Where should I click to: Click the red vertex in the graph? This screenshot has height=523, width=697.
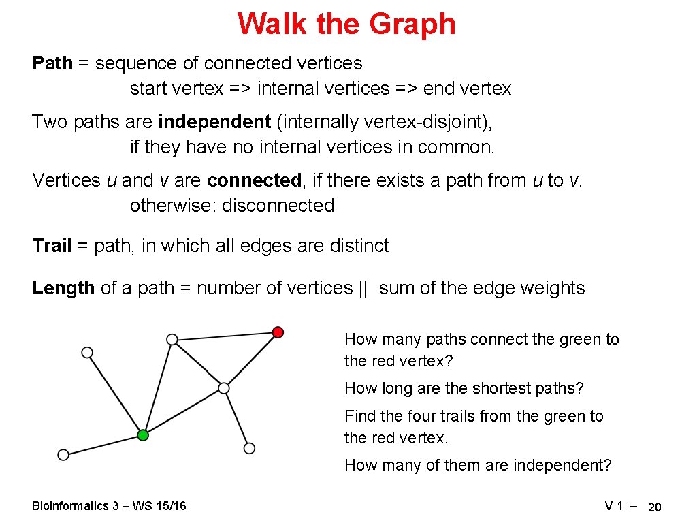(278, 332)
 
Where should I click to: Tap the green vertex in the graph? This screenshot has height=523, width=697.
(142, 435)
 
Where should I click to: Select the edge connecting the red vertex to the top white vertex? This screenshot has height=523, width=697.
(225, 336)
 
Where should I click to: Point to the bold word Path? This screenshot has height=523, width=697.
(52, 63)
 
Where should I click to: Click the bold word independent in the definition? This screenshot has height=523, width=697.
(214, 122)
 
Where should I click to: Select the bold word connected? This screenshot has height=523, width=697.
(254, 180)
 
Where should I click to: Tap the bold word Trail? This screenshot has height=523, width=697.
(52, 246)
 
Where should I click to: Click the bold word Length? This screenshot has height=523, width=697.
(63, 288)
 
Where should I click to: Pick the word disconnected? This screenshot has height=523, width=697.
(278, 206)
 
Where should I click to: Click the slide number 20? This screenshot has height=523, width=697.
(655, 507)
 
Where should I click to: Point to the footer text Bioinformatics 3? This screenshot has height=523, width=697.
(70, 506)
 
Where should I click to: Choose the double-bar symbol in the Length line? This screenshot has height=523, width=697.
(362, 288)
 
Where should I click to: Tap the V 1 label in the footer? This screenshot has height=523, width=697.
(615, 506)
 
